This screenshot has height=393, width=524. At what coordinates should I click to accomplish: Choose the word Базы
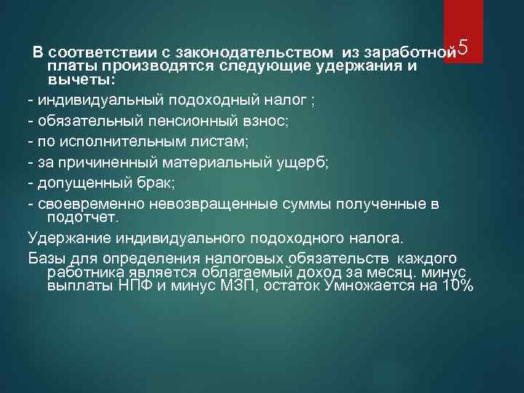46,258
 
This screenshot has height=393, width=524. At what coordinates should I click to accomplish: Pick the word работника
85,272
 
